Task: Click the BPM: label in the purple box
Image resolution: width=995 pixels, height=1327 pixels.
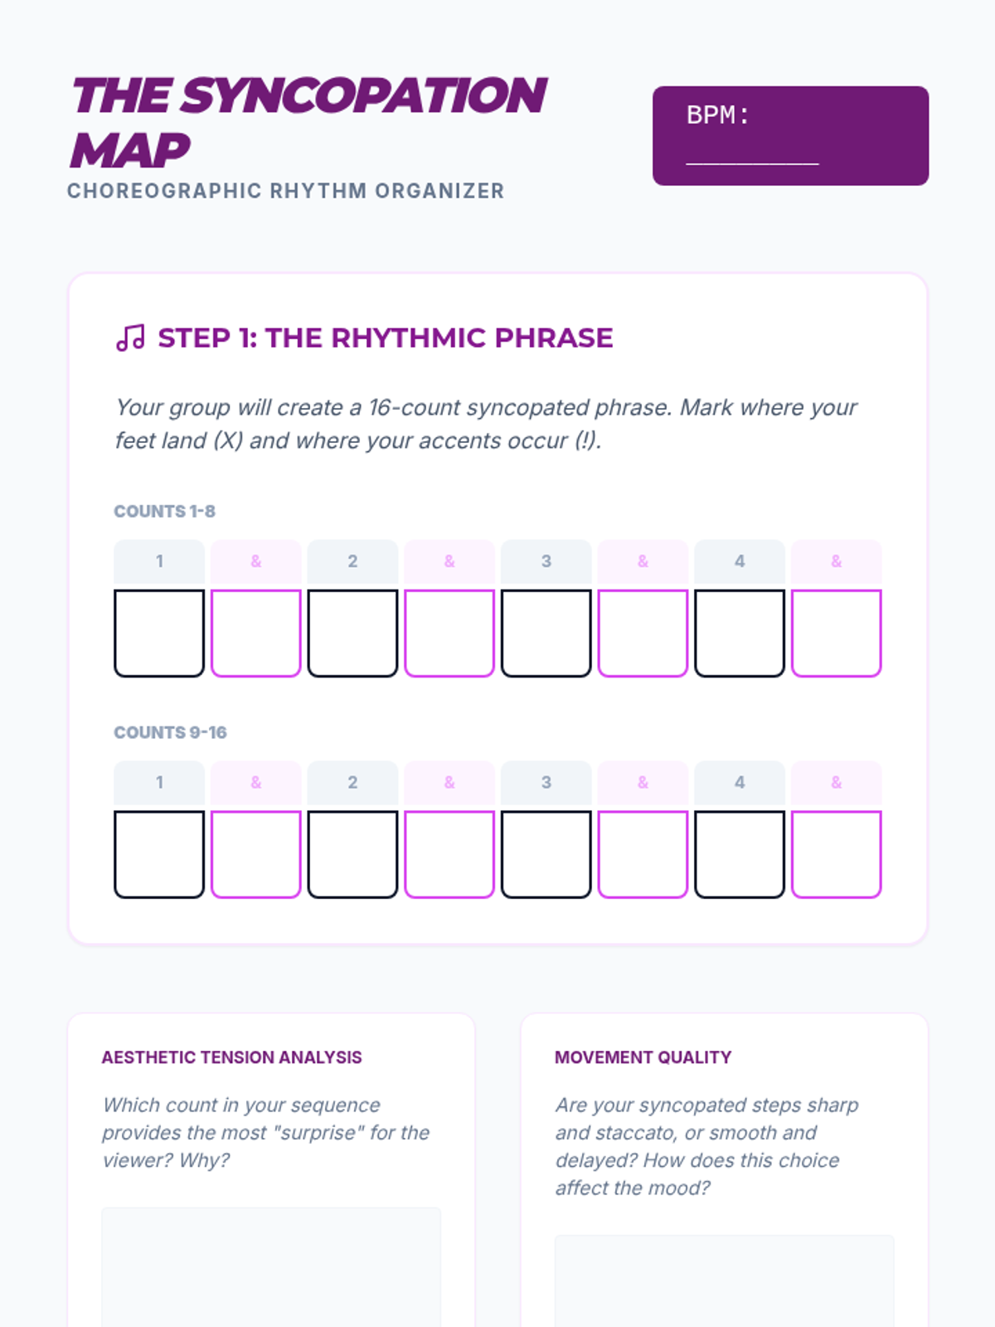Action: tap(718, 114)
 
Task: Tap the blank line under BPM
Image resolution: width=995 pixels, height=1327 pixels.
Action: tap(752, 164)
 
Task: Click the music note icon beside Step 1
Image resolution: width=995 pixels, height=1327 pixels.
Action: tap(130, 338)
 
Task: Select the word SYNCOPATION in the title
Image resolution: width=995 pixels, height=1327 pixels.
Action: tap(363, 95)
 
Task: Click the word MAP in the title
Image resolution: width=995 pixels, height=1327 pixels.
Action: tap(130, 150)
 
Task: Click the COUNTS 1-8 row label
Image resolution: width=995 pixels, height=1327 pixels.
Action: tap(164, 512)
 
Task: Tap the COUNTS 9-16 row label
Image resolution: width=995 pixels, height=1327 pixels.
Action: tap(170, 732)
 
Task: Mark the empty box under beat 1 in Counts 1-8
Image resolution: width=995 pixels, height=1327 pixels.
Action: tap(159, 633)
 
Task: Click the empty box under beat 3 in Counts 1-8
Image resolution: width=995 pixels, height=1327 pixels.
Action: tap(546, 633)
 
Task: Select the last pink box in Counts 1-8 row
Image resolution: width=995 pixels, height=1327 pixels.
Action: tap(836, 633)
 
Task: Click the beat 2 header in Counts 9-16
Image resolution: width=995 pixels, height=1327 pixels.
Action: tap(353, 783)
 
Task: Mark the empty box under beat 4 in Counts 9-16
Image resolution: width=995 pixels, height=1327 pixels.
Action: tap(740, 854)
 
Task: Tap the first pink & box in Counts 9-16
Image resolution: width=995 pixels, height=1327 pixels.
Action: tap(256, 854)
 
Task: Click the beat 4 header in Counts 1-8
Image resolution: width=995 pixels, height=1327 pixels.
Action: tap(740, 561)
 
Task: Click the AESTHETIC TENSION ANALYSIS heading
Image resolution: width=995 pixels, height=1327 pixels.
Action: tap(231, 1057)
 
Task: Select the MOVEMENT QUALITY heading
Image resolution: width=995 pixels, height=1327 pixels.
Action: tap(643, 1057)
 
